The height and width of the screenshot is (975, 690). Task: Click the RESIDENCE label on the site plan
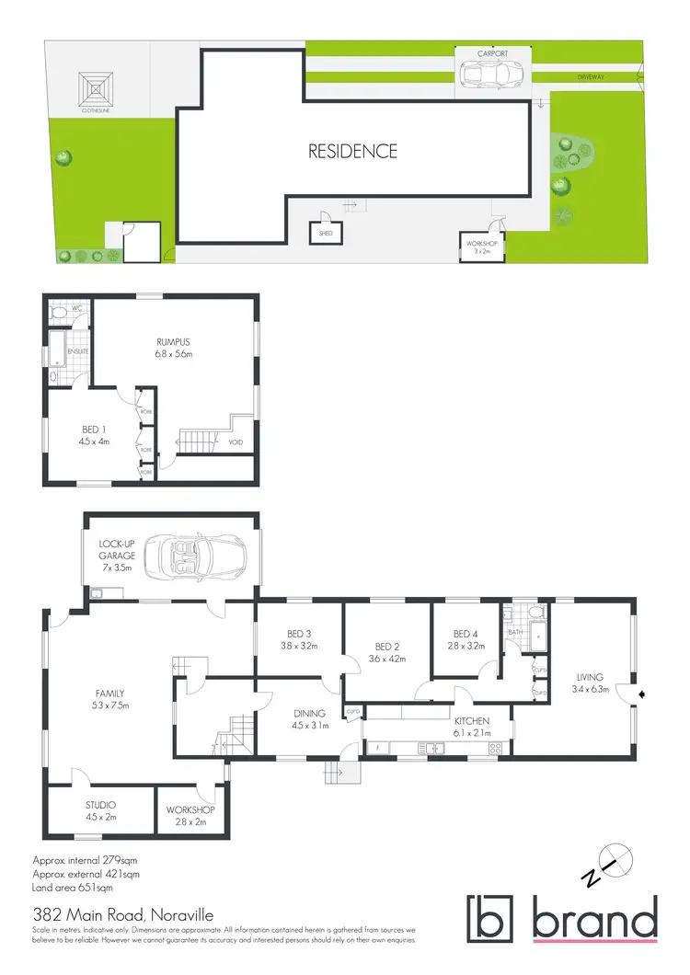[x=353, y=151]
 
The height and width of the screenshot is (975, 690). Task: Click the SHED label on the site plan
[x=326, y=234]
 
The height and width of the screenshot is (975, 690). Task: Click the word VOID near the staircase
[x=236, y=443]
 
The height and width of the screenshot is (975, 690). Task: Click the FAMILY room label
[x=110, y=694]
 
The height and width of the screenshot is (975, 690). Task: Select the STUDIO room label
[x=100, y=804]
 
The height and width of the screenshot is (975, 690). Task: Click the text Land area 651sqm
[x=73, y=889]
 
